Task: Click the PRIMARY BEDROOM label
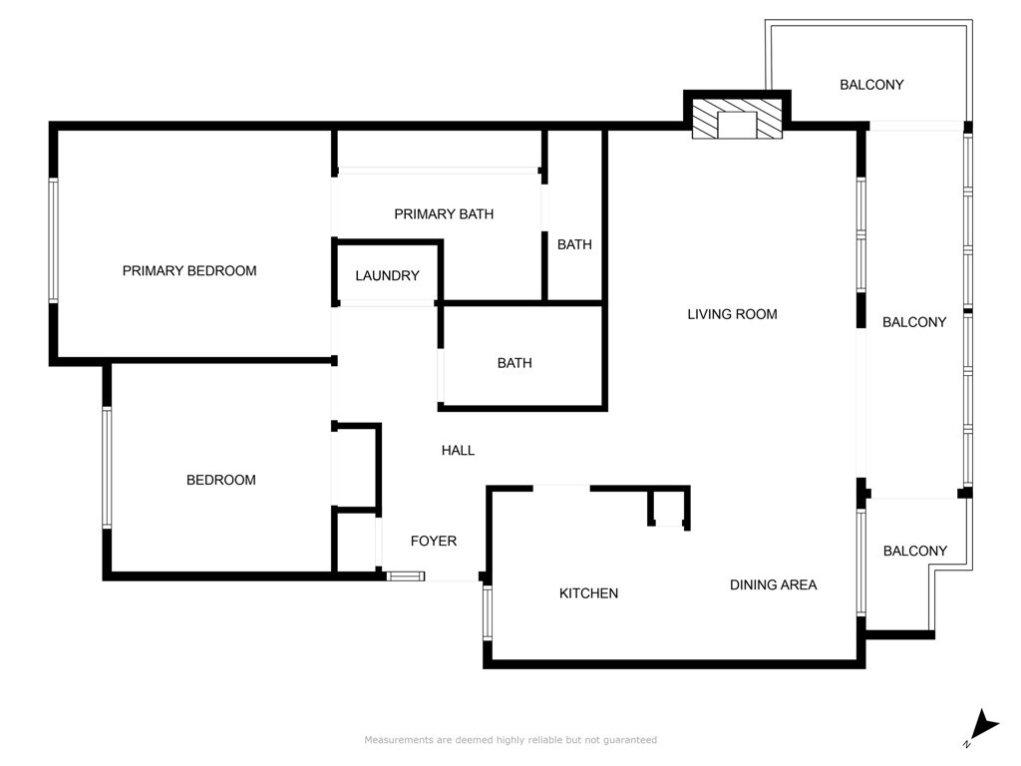pyautogui.click(x=189, y=271)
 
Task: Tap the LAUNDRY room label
pyautogui.click(x=388, y=275)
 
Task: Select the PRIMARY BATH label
pyautogui.click(x=444, y=214)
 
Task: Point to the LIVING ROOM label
pyautogui.click(x=733, y=314)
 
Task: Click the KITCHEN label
pyautogui.click(x=588, y=593)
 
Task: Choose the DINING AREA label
pyautogui.click(x=774, y=584)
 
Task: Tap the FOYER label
pyautogui.click(x=434, y=541)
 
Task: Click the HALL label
pyautogui.click(x=458, y=450)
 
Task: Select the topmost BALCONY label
pyautogui.click(x=871, y=85)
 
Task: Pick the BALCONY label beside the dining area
pyautogui.click(x=915, y=551)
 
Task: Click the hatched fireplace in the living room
pyautogui.click(x=737, y=119)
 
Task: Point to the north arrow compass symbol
pyautogui.click(x=983, y=727)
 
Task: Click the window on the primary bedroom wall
pyautogui.click(x=54, y=240)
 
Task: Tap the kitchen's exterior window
pyautogui.click(x=487, y=612)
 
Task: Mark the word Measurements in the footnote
pyautogui.click(x=399, y=740)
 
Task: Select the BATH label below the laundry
pyautogui.click(x=514, y=363)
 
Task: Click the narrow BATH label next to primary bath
pyautogui.click(x=574, y=245)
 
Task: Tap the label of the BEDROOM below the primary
pyautogui.click(x=220, y=480)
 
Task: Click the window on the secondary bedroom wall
pyautogui.click(x=106, y=468)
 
